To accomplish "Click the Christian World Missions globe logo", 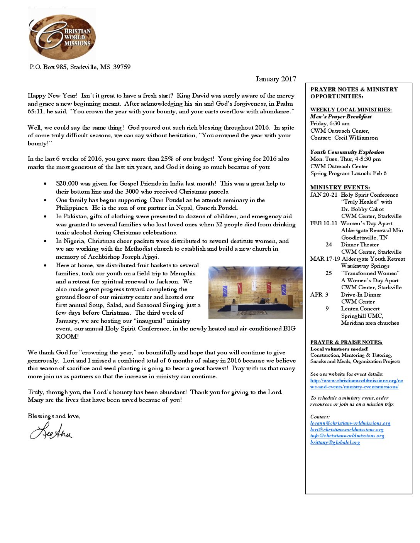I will (x=62, y=37).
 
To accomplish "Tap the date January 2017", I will (x=276, y=79).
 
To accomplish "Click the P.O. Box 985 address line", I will (x=80, y=67).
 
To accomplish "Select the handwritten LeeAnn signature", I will (x=51, y=431).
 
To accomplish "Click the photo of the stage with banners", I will (x=255, y=293).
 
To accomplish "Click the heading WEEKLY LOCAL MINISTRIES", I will (x=351, y=110).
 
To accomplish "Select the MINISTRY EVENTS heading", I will (x=340, y=187).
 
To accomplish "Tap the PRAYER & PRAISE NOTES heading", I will (x=346, y=342).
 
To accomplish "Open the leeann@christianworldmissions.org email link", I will (x=350, y=423).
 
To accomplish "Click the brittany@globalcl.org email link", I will (x=335, y=442).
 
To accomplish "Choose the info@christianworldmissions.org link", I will (x=347, y=436).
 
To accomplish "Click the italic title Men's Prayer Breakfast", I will (x=340, y=116).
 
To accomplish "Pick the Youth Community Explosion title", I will (x=347, y=152).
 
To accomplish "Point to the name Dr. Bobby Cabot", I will (x=362, y=209).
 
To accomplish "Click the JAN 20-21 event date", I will (x=323, y=195).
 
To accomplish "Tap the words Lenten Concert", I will (x=360, y=309).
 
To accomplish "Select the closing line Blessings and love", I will (x=54, y=416).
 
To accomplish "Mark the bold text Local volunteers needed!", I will (x=339, y=349).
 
